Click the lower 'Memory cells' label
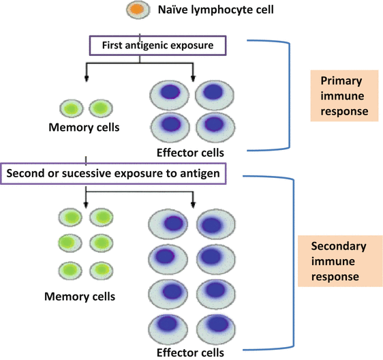click(80, 297)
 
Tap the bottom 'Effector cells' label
click(191, 352)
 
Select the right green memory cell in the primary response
click(99, 108)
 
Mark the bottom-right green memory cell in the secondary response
click(100, 269)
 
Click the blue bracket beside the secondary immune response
click(292, 262)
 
